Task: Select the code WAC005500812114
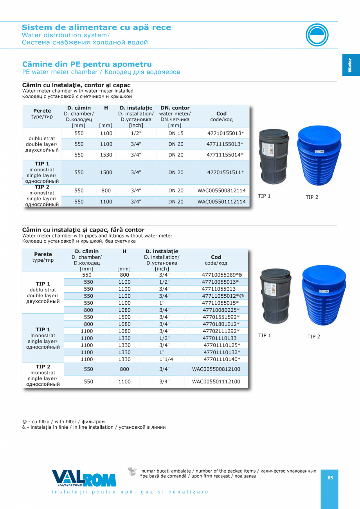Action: tap(221, 191)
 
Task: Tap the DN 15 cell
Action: tap(176, 133)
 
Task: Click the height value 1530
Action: tap(106, 155)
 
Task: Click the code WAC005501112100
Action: tap(216, 381)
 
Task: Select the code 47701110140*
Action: tap(222, 359)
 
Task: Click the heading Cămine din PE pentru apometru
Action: tap(87, 64)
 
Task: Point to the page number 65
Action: tap(330, 478)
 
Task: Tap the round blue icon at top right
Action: tap(317, 35)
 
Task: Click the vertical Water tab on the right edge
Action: tap(350, 65)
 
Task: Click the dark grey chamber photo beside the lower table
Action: tap(276, 296)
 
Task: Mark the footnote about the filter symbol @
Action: tap(63, 421)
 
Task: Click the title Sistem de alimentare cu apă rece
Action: tap(96, 27)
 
